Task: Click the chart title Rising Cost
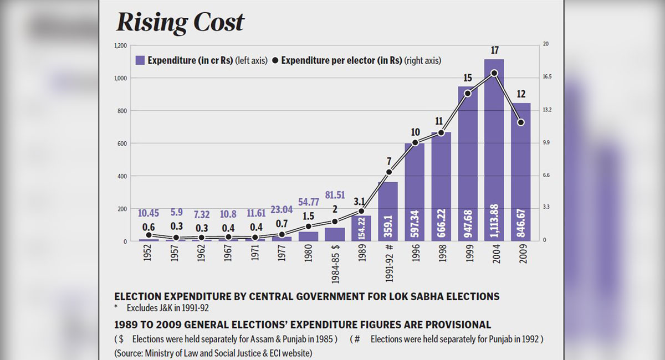180,22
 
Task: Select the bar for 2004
494,150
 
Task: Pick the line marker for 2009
520,122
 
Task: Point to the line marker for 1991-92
388,172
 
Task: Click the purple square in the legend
140,60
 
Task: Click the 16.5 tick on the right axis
546,77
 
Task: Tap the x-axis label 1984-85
335,261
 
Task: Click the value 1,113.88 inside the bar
494,219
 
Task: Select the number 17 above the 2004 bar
494,50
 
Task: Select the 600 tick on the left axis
121,143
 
